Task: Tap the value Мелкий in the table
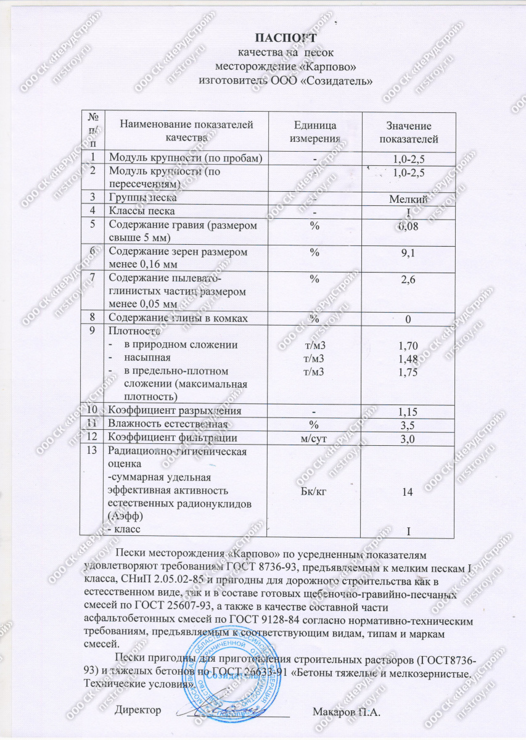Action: click(x=409, y=199)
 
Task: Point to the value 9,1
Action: click(x=409, y=253)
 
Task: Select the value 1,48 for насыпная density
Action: click(x=409, y=359)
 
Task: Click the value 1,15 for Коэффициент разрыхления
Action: click(x=409, y=411)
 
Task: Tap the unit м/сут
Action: click(x=314, y=438)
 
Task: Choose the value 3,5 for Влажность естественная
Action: click(x=409, y=425)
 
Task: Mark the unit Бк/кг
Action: click(x=314, y=491)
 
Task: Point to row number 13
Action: click(x=92, y=451)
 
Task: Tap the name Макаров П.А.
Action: click(x=347, y=713)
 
